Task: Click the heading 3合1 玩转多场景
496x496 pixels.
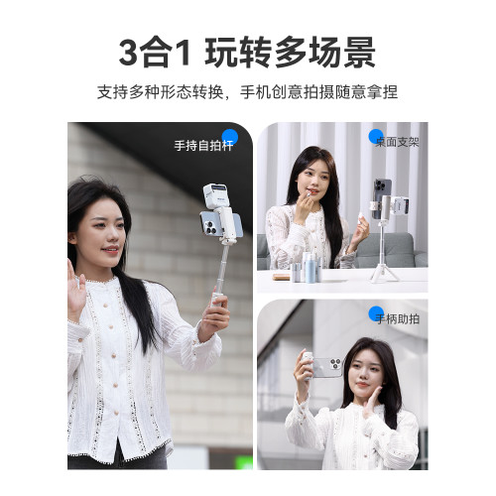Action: point(247,53)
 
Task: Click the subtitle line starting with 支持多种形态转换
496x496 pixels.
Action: point(247,92)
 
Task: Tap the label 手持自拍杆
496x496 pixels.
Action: point(203,146)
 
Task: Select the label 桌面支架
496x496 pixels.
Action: point(397,142)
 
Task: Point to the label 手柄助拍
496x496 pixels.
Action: point(398,319)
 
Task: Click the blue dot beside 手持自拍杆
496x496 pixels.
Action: point(230,137)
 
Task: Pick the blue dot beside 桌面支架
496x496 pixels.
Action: point(376,137)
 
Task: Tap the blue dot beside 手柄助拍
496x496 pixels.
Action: point(376,313)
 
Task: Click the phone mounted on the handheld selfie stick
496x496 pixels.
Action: point(221,224)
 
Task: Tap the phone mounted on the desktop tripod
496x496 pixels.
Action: point(382,198)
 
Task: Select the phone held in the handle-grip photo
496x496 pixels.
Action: point(325,367)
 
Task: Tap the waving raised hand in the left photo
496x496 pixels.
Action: point(75,291)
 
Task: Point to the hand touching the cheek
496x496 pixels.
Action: point(372,401)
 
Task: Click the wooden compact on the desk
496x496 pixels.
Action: point(282,277)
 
